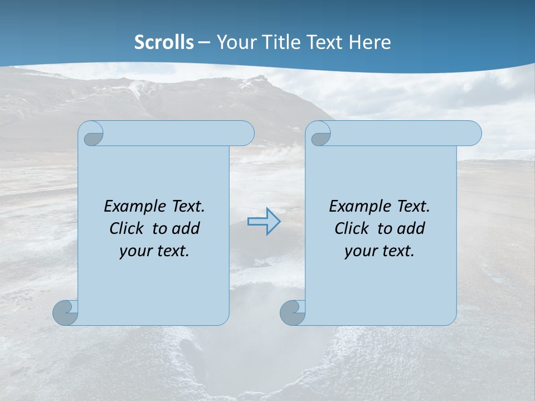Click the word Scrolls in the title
coord(164,42)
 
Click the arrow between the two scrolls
coord(264,221)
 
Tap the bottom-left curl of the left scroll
coord(66,313)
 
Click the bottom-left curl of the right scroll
coord(293,313)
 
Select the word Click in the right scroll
coord(351,228)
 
